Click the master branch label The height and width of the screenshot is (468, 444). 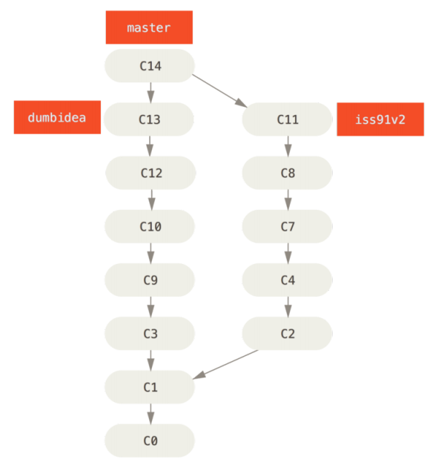click(149, 27)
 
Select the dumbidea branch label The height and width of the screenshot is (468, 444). click(57, 117)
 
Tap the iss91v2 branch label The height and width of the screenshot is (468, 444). click(380, 119)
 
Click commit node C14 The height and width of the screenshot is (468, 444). click(150, 66)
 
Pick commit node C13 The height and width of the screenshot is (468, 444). click(149, 119)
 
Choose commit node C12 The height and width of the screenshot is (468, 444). click(150, 173)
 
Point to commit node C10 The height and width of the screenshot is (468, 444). click(150, 226)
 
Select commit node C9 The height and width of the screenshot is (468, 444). click(150, 280)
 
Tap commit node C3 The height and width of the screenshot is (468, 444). click(150, 334)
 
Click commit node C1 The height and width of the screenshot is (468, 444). click(150, 387)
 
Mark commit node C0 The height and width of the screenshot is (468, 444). click(150, 441)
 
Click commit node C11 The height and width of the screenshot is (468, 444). click(288, 119)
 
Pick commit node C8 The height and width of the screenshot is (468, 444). click(288, 173)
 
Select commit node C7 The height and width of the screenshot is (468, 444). click(288, 226)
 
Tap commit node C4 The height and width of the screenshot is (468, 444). click(288, 280)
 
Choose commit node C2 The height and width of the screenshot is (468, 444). click(288, 334)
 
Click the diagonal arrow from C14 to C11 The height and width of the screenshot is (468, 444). click(219, 90)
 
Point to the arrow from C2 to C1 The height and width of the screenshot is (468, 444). click(225, 364)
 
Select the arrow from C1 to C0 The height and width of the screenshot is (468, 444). click(151, 414)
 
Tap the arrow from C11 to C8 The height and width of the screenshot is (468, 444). click(288, 146)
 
